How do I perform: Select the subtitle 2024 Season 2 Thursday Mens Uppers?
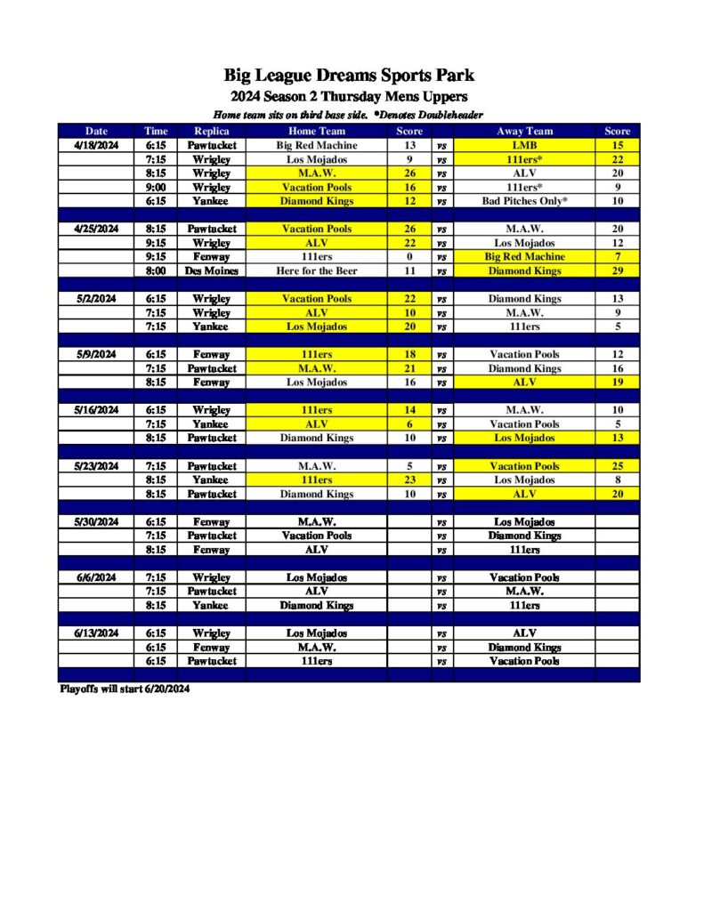[x=349, y=96]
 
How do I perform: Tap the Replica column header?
[x=212, y=131]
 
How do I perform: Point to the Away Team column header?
[x=525, y=131]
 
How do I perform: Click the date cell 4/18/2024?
[x=96, y=145]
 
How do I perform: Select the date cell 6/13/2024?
[x=96, y=633]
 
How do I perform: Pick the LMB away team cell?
[x=525, y=145]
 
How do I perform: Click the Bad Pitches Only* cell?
[x=525, y=201]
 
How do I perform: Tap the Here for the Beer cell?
[x=317, y=270]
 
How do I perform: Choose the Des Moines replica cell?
[x=212, y=270]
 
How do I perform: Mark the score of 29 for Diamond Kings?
[x=617, y=270]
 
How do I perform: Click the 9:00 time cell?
[x=156, y=188]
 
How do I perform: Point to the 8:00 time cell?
[x=156, y=270]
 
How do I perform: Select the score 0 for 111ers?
[x=409, y=256]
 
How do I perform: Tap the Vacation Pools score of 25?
[x=617, y=466]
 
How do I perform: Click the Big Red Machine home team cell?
[x=317, y=145]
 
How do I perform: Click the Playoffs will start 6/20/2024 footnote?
[x=125, y=689]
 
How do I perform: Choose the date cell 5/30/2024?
[x=96, y=522]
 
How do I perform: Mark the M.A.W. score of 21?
[x=409, y=368]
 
